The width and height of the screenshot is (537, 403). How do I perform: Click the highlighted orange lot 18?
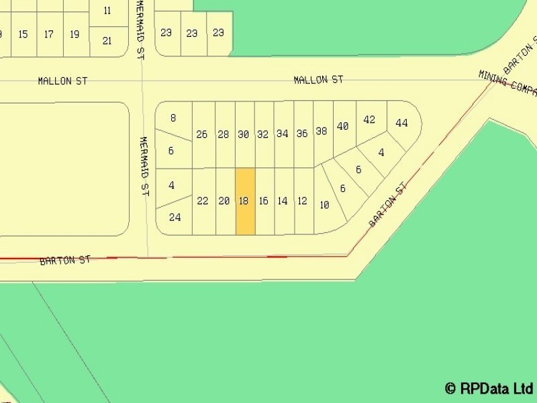coord(244,201)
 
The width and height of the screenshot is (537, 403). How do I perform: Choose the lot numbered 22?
coord(203,201)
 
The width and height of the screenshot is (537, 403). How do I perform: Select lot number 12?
coord(302,201)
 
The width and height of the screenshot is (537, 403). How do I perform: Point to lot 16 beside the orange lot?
coord(263,201)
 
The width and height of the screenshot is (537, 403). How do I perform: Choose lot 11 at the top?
coord(107,11)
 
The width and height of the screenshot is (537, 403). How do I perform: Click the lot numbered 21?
coord(107,41)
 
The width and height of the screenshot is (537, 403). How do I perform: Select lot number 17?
coord(49,34)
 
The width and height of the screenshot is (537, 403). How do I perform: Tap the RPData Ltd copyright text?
coord(488,388)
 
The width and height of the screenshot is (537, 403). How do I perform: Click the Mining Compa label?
coord(507,83)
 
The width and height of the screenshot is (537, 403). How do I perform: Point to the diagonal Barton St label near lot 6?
coord(389,204)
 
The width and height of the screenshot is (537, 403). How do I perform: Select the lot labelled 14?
coord(283,201)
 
